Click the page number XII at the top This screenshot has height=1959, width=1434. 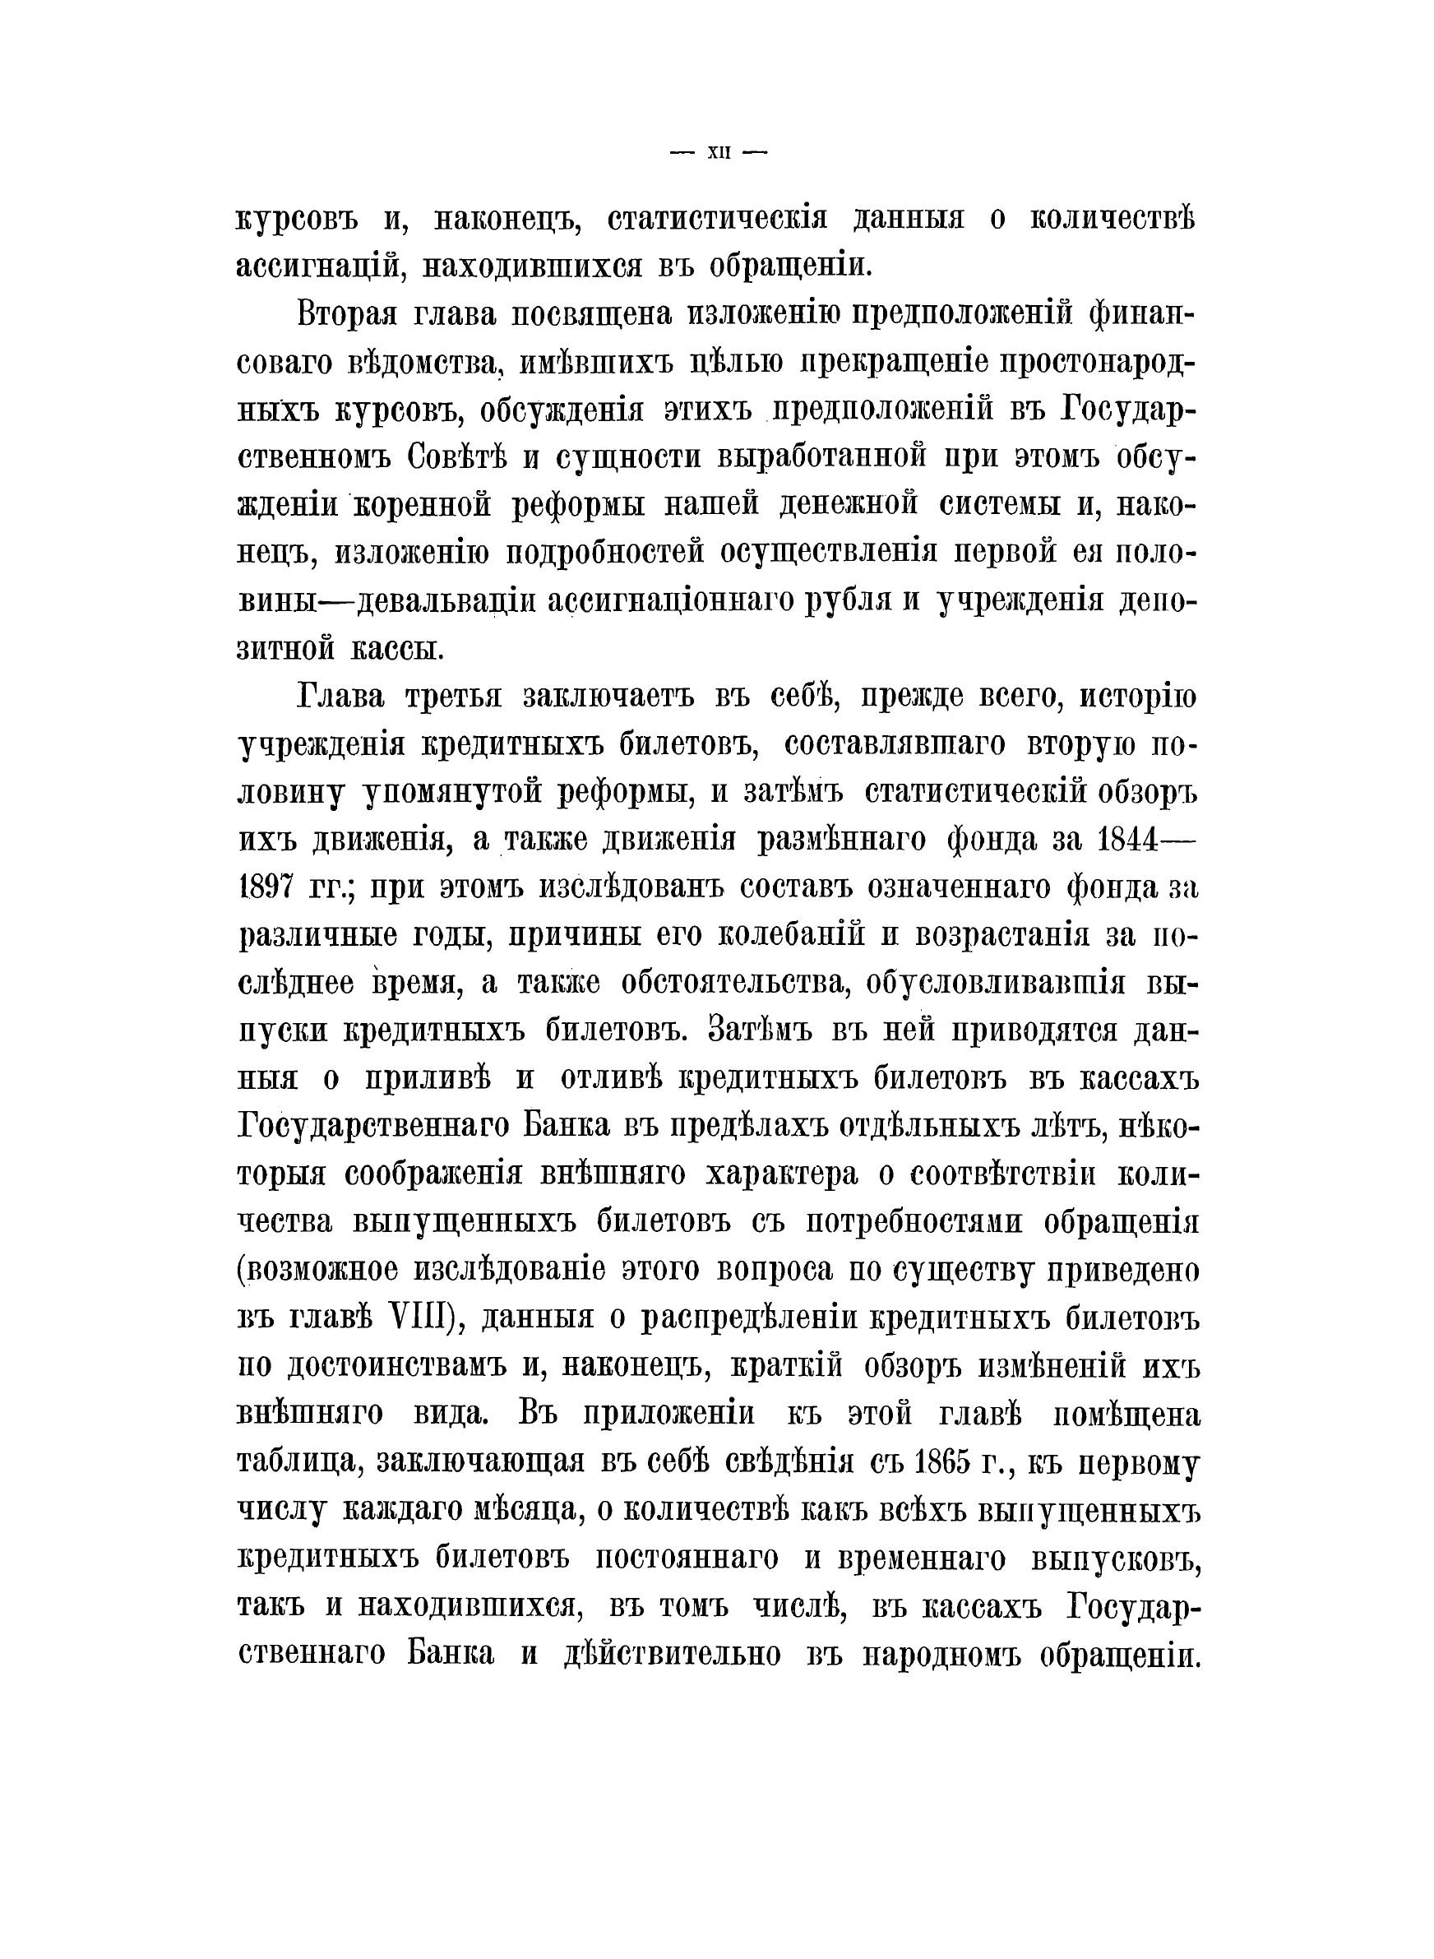tap(719, 153)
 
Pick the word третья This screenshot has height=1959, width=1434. tap(457, 697)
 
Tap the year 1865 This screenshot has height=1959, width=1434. tap(949, 1462)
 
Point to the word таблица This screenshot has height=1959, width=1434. tap(294, 1462)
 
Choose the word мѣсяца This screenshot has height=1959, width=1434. tap(521, 1510)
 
